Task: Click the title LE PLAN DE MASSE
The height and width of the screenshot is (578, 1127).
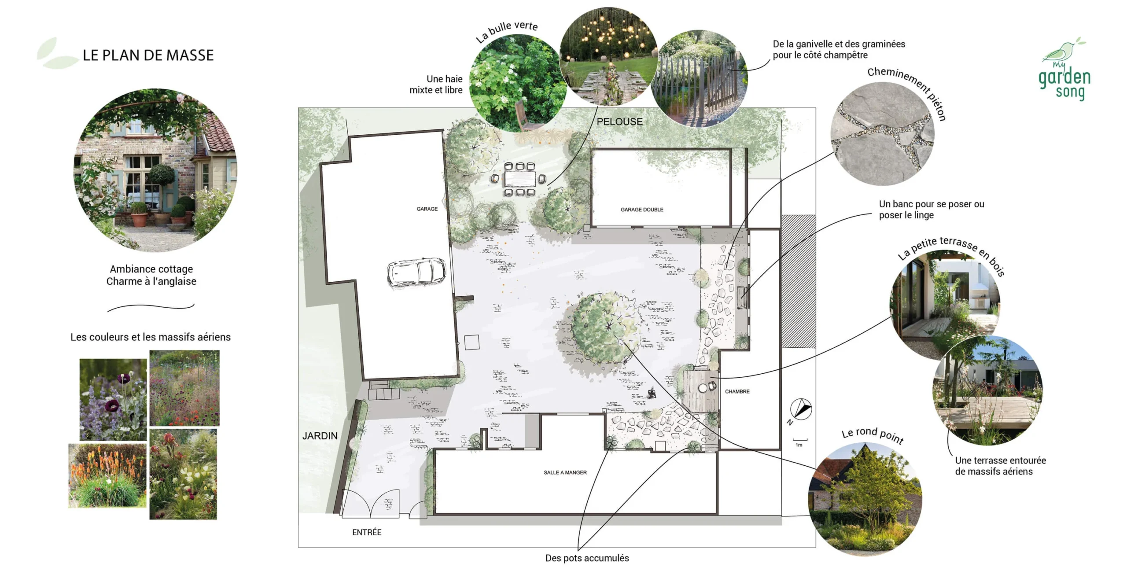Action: (148, 55)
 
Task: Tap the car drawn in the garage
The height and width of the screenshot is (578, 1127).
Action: (416, 272)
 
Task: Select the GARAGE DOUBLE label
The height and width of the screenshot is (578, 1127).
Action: (642, 210)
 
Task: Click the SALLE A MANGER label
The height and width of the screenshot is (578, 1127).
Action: (565, 472)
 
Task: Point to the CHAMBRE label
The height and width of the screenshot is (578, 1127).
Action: (737, 391)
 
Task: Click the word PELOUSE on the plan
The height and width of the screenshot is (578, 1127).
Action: (619, 121)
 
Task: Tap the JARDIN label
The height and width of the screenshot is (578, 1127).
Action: (320, 436)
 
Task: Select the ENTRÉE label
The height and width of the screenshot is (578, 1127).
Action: (367, 532)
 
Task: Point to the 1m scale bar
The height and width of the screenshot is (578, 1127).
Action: (800, 440)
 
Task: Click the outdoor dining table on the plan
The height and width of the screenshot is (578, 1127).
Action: (519, 179)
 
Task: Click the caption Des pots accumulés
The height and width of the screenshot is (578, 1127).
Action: (587, 558)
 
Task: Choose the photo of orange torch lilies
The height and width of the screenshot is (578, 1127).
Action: (107, 476)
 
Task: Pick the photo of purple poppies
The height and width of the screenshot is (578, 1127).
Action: (113, 400)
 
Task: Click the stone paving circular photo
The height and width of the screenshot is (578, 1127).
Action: (882, 133)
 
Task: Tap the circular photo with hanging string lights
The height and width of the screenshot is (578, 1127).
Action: (608, 56)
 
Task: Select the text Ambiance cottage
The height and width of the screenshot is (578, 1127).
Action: (151, 269)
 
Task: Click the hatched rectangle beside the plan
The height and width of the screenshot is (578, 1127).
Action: (798, 281)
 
